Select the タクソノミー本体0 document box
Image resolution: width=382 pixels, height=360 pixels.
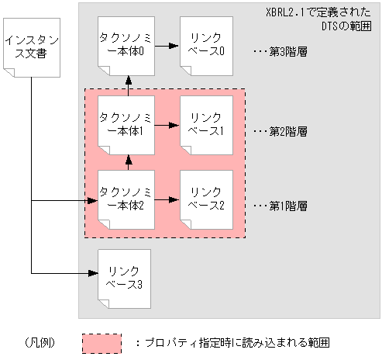pos(126,44)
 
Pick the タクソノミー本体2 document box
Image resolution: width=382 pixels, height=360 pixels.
pos(126,199)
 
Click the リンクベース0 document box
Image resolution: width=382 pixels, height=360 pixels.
pos(206,44)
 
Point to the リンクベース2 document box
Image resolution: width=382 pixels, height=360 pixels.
pos(206,199)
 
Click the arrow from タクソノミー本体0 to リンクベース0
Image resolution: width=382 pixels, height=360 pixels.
pos(166,46)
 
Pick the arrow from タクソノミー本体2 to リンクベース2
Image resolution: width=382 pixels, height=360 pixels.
pos(166,199)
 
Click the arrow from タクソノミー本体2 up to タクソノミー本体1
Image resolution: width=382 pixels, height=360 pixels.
pos(129,161)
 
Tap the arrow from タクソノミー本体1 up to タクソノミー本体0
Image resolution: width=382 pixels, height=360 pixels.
pos(129,84)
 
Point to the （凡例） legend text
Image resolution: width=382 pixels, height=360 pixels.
pos(36,341)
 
